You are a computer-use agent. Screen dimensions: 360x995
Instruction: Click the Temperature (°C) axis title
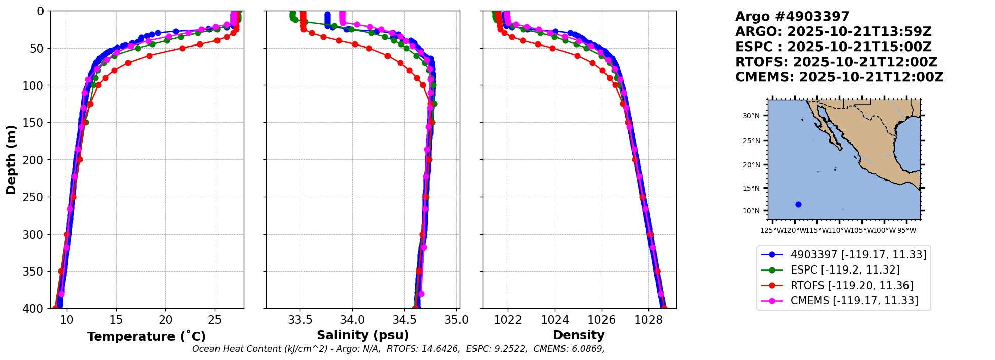(146, 337)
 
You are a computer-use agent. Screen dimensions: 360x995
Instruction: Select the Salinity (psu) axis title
(363, 335)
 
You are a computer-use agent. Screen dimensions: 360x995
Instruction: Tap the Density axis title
(579, 335)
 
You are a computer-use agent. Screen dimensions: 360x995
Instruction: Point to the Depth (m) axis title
(11, 160)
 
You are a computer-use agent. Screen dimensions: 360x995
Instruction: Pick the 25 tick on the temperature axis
(215, 320)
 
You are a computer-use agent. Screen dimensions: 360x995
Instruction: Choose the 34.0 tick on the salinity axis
(352, 320)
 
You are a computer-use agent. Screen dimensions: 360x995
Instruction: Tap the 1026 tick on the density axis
(602, 320)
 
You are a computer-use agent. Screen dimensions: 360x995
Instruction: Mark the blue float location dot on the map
(798, 205)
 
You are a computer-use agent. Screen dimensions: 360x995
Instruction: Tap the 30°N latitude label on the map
(751, 116)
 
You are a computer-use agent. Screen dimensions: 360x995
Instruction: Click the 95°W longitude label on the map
(906, 231)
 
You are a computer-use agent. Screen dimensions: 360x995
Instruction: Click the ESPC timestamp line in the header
(833, 47)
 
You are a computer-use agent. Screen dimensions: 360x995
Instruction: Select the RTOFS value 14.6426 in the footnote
(443, 349)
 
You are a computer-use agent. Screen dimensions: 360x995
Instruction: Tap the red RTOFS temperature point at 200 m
(80, 160)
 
